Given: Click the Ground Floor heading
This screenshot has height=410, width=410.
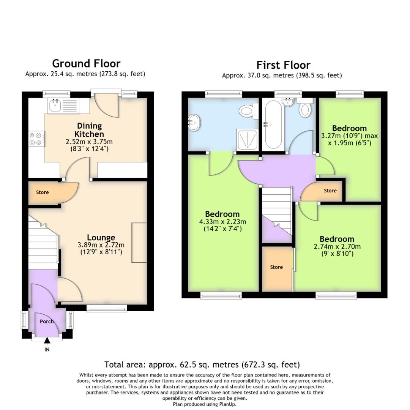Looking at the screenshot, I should [x=86, y=63].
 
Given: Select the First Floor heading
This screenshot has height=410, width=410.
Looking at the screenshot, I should [x=283, y=65].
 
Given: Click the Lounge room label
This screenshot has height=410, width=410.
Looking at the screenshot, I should [x=101, y=238].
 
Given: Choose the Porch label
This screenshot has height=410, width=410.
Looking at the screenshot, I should [x=47, y=321].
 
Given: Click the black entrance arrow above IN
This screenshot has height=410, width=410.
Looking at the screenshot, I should [x=47, y=341].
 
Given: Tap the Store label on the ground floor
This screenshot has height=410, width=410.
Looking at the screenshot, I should [x=43, y=192].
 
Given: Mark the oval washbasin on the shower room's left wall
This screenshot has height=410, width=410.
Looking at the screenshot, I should [x=194, y=123].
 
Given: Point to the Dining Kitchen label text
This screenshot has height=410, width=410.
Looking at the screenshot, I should [x=89, y=130].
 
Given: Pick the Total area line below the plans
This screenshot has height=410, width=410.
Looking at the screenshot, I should [x=202, y=365].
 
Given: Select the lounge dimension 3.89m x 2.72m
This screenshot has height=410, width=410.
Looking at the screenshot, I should [x=101, y=245].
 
